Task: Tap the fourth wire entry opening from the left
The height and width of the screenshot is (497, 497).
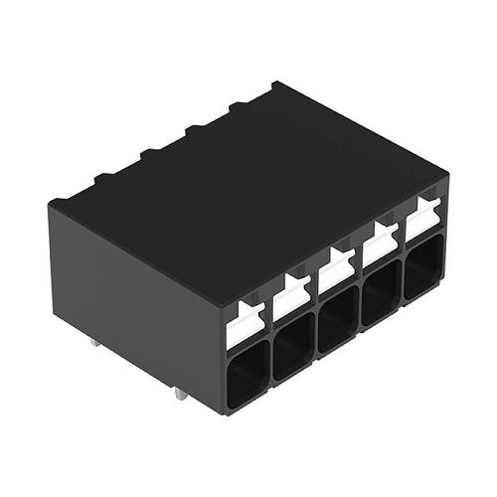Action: click(x=382, y=297)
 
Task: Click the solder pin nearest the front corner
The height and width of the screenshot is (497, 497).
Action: click(x=179, y=394)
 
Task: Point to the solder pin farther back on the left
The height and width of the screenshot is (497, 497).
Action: click(x=93, y=343)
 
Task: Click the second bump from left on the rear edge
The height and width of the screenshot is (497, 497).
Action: click(x=103, y=179)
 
